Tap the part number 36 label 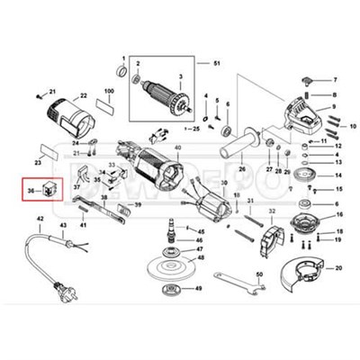[31, 191]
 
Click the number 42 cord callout [39, 219]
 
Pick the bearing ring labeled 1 [121, 69]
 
